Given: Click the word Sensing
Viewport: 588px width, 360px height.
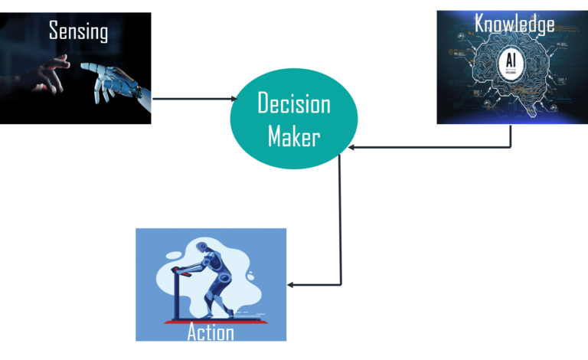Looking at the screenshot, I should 78,31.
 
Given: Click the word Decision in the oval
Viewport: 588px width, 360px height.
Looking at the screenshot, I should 293,103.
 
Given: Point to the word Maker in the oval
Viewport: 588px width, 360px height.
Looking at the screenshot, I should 293,136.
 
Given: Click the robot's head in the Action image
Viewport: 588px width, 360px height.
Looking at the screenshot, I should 202,248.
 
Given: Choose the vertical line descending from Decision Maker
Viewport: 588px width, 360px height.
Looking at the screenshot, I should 339,222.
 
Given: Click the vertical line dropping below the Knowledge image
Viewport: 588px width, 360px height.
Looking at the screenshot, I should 511,136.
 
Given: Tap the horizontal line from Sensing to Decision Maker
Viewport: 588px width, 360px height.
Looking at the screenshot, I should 191,98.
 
